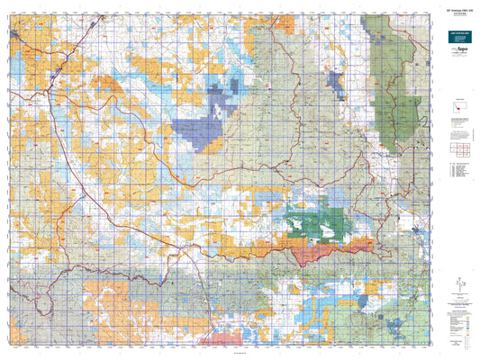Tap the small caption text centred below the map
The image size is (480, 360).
(x=216, y=355)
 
